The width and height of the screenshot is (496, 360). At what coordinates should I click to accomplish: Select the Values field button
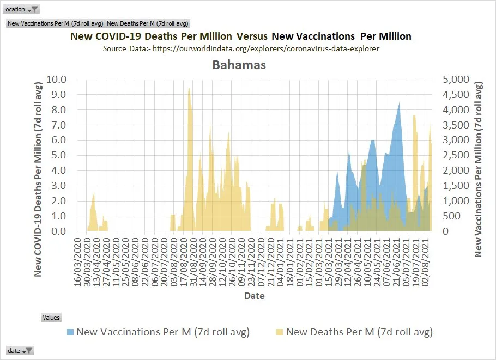point(52,317)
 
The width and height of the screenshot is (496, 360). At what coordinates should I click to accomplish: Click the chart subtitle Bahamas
point(239,65)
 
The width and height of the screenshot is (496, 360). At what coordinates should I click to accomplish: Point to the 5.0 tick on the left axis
point(58,156)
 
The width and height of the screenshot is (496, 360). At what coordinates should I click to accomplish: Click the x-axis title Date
point(254,296)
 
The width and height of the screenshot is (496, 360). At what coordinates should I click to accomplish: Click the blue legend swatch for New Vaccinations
point(70,332)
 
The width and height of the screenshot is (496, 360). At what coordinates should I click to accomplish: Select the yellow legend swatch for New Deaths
point(280,332)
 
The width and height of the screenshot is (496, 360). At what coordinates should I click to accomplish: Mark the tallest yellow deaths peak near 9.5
point(189,89)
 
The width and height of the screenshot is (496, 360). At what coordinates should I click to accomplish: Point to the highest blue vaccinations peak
point(400,103)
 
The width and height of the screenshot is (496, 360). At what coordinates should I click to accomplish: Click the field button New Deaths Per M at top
point(148,23)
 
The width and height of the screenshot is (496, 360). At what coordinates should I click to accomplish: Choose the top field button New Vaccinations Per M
point(55,23)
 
